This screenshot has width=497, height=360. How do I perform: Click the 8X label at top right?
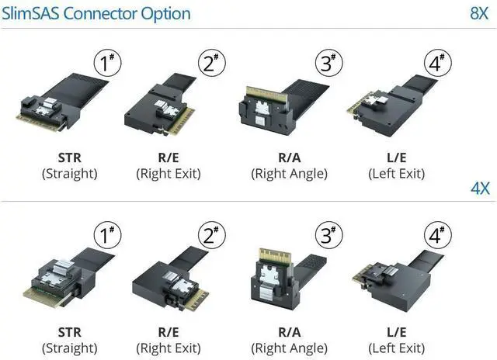478,13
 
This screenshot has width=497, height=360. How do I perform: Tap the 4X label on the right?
479,189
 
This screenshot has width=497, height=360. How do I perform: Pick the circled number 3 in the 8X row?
328,62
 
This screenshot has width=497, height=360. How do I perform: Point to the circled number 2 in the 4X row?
210,235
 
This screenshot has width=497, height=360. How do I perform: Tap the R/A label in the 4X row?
289,331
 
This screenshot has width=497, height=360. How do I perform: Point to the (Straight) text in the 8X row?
69,173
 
